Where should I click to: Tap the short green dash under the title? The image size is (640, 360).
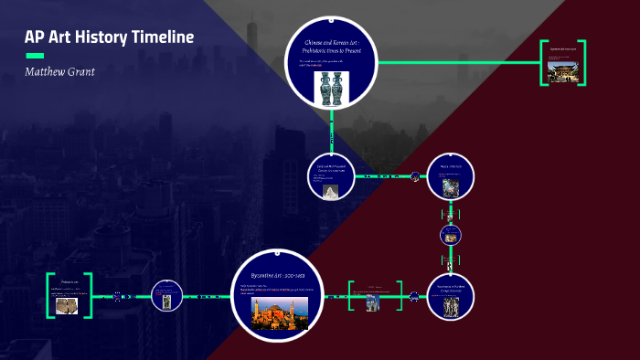[x=35, y=55]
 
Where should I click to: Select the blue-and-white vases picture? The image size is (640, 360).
[x=331, y=89]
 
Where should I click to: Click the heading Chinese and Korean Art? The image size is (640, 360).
[x=331, y=46]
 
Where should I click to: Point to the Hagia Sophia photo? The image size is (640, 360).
[x=280, y=313]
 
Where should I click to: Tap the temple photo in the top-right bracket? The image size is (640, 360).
[x=560, y=70]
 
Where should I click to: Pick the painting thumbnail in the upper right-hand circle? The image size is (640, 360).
[x=450, y=187]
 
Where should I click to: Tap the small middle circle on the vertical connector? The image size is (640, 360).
[x=450, y=235]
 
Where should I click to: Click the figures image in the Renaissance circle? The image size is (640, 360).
[x=450, y=308]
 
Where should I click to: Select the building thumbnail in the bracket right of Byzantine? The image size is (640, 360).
[x=373, y=302]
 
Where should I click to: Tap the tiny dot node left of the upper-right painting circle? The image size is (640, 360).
[x=415, y=176]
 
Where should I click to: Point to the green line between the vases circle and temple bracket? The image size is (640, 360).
[x=457, y=62]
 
